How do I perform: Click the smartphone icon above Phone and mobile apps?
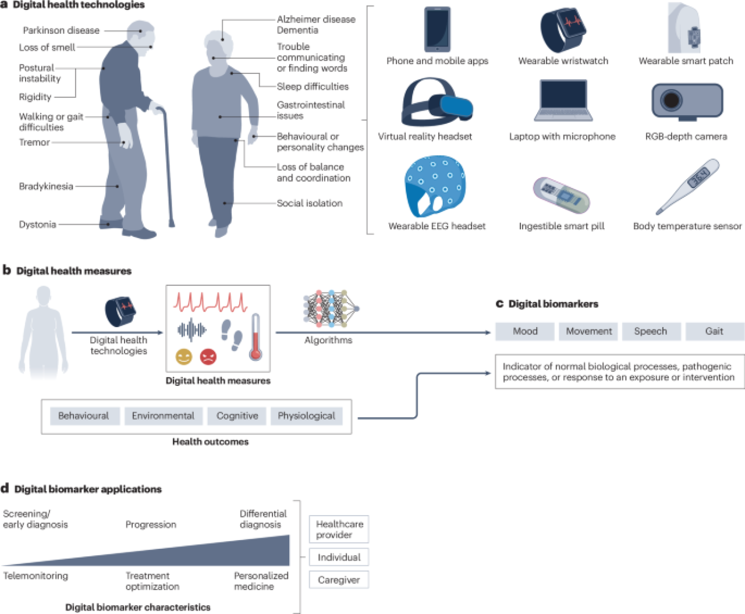pos(437,29)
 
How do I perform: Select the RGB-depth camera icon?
pos(687,102)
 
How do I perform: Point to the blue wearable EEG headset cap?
pos(435,186)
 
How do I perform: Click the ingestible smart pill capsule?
pos(561,195)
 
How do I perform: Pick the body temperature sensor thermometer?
pos(687,186)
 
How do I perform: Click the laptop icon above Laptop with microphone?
pos(563,100)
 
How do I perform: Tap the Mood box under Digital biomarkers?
pos(525,331)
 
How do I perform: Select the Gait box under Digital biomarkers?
pos(715,331)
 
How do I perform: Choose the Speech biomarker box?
pos(651,331)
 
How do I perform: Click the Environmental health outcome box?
pos(164,416)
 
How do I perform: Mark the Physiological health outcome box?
pos(307,416)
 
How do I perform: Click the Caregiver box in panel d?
pos(339,580)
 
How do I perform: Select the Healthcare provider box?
pos(339,529)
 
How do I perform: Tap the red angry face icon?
pos(208,357)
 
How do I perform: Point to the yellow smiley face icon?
pos(184,357)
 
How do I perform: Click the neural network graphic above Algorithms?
pos(331,308)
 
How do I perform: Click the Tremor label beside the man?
pos(34,143)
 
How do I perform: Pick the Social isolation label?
pos(310,203)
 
